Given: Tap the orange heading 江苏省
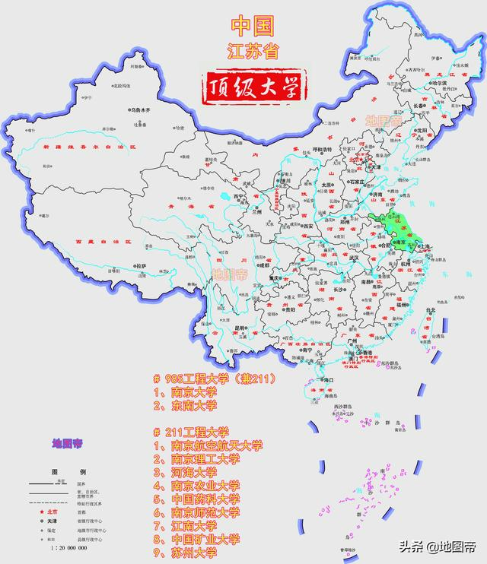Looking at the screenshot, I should click(253, 52).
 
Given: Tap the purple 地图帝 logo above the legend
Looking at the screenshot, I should click(67, 442).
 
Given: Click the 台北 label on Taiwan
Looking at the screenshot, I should click(431, 310).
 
